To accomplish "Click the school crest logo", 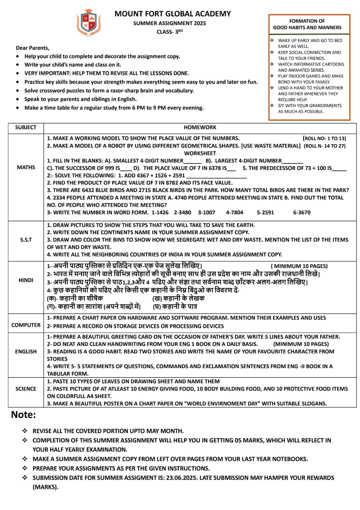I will [x=88, y=23].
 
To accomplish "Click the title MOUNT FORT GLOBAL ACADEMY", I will [x=172, y=14].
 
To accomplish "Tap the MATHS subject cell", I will [x=26, y=167].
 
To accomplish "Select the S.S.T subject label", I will [x=26, y=240].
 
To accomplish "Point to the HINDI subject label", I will [x=26, y=280].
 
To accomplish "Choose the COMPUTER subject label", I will [x=26, y=325].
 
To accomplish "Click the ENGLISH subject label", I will [x=26, y=351].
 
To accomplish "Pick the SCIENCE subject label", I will [x=26, y=388].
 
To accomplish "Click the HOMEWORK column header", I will [x=200, y=127].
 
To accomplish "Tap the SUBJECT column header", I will [x=26, y=127].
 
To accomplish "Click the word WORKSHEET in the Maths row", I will [x=200, y=153].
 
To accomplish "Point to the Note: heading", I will [x=23, y=415].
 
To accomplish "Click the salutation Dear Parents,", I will [x=33, y=48].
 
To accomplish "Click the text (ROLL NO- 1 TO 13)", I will [x=325, y=139].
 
